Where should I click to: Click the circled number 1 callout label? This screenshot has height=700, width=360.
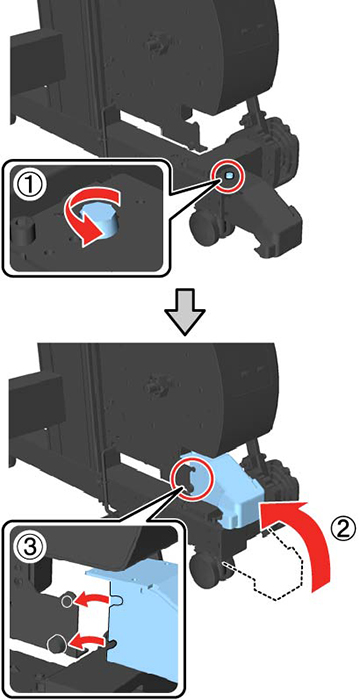click(x=30, y=184)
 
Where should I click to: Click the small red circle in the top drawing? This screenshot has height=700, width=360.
click(x=228, y=176)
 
